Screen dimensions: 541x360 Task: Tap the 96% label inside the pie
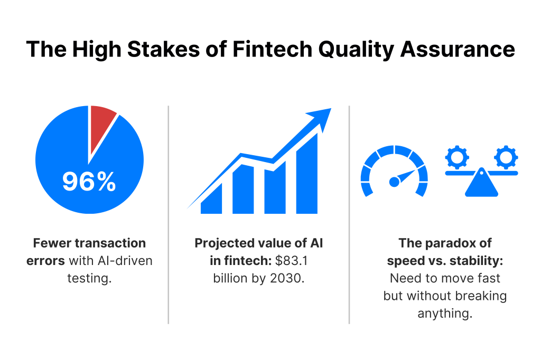click(89, 182)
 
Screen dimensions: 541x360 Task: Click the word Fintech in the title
click(272, 49)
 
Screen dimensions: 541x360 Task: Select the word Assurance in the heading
click(458, 49)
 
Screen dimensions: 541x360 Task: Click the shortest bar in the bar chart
click(211, 198)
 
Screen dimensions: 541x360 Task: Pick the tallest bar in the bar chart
click(307, 174)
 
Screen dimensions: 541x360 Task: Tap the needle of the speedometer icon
click(402, 177)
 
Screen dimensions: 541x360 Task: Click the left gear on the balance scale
click(457, 157)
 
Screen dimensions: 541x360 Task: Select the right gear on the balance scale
click(506, 157)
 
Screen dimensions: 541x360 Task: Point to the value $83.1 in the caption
click(291, 261)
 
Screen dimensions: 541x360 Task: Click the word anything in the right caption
click(445, 314)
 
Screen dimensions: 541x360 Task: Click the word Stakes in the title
click(164, 49)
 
